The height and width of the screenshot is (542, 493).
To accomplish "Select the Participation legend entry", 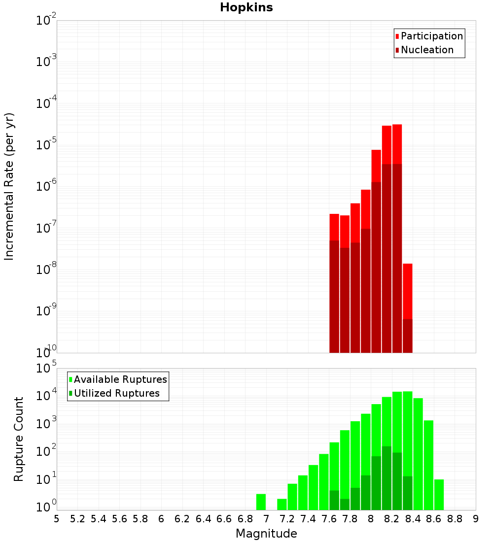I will [431, 36].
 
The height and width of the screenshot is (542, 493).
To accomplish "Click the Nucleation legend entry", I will [426, 50].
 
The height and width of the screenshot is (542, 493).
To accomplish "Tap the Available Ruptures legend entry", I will [120, 379].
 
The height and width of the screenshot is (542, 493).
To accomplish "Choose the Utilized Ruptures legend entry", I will [116, 393].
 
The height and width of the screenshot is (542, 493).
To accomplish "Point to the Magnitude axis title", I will [266, 534].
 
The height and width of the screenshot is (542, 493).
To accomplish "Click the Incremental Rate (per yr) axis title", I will [9, 186].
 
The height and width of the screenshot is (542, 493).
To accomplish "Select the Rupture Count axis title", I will [19, 439].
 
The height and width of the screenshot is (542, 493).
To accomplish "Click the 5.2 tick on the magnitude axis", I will [78, 519].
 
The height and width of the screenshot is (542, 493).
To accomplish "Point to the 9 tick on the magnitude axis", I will [476, 519].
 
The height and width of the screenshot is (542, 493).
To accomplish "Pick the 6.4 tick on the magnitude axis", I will [204, 519].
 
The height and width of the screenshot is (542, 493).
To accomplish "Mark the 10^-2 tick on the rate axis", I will [46, 21].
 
